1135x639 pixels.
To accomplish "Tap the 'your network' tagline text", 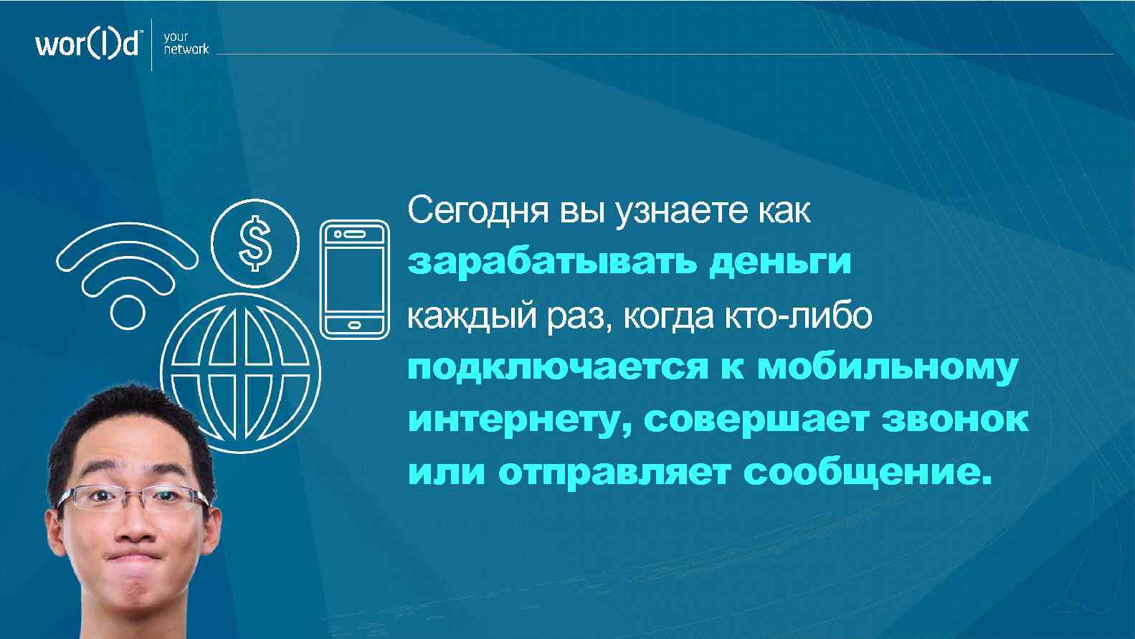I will point(185,43).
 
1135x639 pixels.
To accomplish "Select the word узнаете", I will point(670,212).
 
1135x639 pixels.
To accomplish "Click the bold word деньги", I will point(779,263).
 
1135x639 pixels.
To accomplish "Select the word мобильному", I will point(887,369).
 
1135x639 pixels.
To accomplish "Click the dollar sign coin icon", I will point(255,244).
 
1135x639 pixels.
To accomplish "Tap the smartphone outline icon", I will point(354,278).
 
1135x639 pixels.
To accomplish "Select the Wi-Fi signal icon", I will point(127,273).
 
